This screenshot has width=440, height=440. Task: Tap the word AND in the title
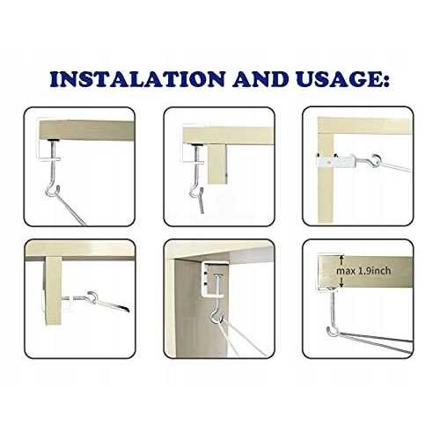pos(268,78)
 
